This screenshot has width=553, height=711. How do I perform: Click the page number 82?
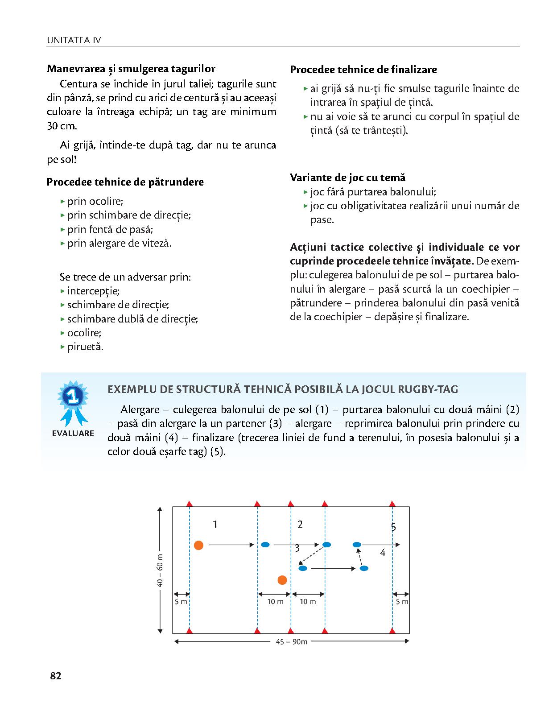tap(55, 676)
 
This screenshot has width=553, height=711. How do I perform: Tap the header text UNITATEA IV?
tap(74, 41)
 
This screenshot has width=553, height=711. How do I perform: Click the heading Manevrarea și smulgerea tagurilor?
tap(131, 69)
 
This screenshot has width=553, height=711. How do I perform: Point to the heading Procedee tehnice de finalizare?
tap(363, 70)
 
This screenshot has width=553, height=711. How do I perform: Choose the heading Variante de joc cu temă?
tap(347, 178)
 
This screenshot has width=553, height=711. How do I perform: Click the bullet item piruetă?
tap(85, 347)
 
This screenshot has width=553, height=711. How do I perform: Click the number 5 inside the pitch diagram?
tap(393, 527)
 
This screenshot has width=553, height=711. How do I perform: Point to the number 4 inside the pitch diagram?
tap(383, 553)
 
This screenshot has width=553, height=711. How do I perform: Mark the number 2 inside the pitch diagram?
tap(300, 525)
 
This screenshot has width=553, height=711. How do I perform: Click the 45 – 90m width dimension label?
tap(292, 642)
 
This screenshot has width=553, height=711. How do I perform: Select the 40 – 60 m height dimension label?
tap(160, 570)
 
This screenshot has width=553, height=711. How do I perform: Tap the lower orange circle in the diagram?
tap(282, 580)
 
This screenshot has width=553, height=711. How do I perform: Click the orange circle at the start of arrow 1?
tap(199, 545)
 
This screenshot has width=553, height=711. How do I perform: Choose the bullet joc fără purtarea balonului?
tap(373, 192)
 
